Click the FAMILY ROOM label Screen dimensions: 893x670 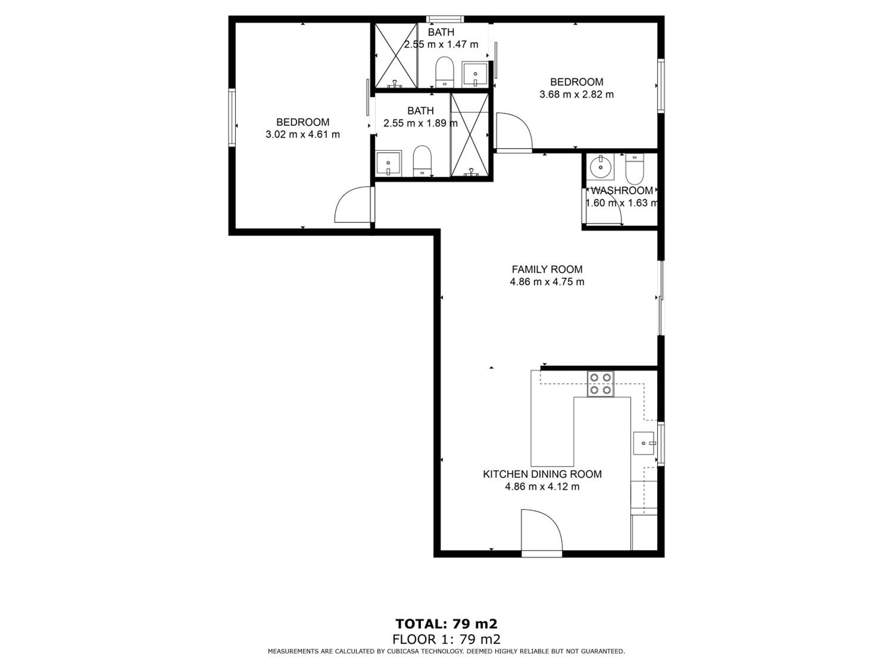click(x=547, y=269)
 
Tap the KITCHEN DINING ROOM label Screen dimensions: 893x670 click(x=542, y=474)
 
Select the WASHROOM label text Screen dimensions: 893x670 click(x=622, y=190)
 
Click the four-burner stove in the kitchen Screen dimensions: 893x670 click(x=600, y=384)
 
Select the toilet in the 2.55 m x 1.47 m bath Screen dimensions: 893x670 click(x=445, y=72)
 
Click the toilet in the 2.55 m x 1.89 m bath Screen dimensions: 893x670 click(x=422, y=161)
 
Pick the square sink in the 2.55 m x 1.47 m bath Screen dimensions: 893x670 click(x=475, y=74)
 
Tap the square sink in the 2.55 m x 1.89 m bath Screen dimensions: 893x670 click(x=388, y=163)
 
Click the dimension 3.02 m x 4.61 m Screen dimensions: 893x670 click(x=303, y=135)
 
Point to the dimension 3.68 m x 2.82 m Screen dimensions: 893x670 click(x=577, y=94)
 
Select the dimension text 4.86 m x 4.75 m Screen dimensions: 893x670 click(x=547, y=282)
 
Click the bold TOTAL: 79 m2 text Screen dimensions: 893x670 click(x=447, y=624)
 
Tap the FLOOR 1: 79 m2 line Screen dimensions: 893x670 click(x=447, y=639)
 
